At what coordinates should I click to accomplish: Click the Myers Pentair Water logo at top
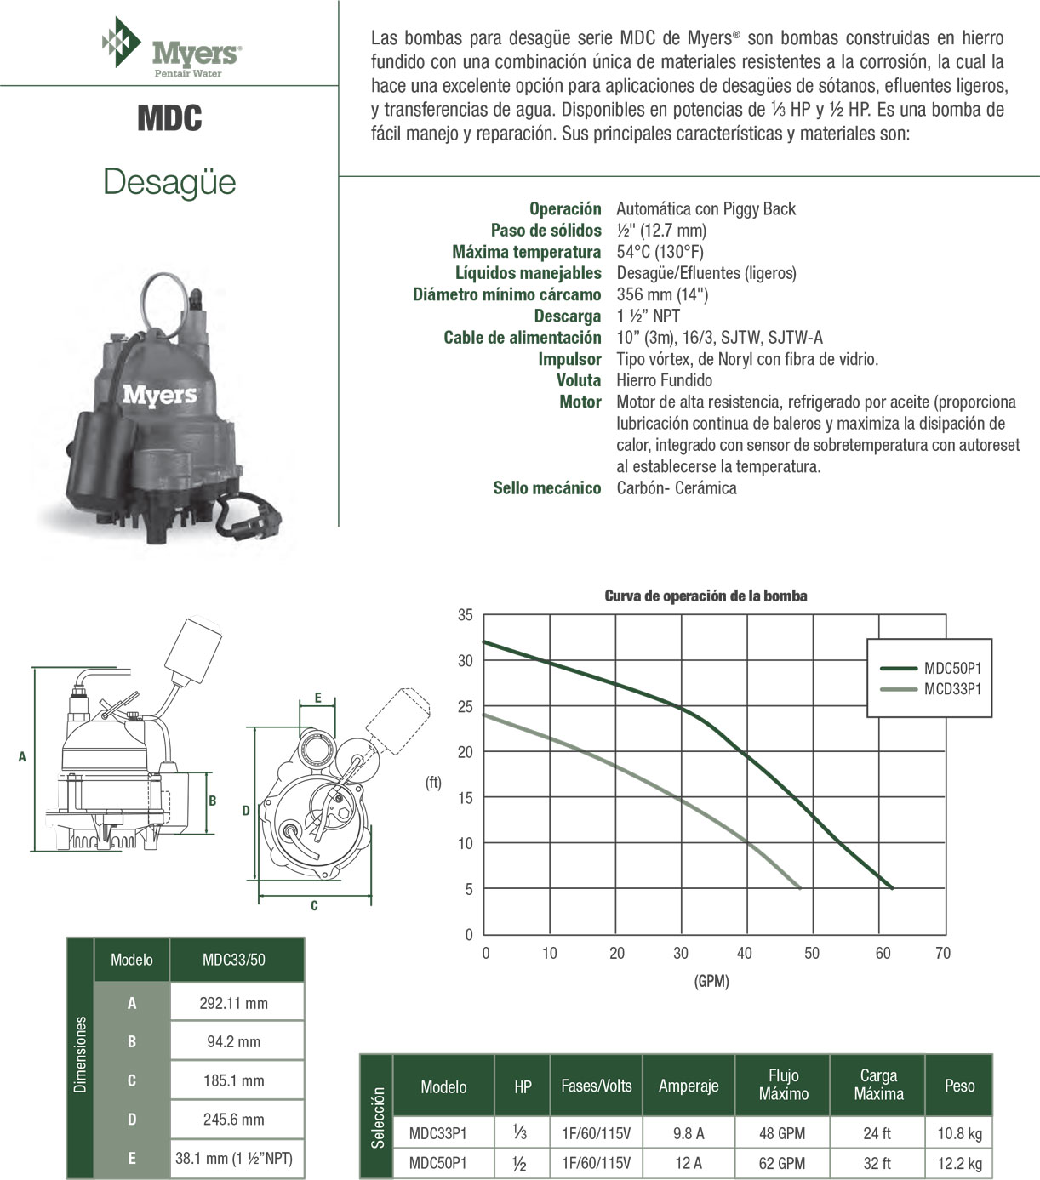point(171,50)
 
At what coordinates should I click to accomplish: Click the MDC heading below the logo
point(169,118)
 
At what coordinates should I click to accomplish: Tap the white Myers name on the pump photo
point(159,395)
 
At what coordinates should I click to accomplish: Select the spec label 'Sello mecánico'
point(546,488)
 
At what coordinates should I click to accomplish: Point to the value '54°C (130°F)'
point(660,252)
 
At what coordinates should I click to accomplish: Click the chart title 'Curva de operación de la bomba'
point(706,596)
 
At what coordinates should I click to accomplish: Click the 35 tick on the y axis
point(465,614)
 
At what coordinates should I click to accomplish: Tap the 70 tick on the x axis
point(943,953)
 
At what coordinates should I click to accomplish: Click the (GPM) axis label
point(711,981)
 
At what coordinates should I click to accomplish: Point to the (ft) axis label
point(433,783)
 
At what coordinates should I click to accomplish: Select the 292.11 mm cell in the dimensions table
point(233,1003)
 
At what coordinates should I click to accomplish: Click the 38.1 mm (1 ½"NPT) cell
point(233,1158)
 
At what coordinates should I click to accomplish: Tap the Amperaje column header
point(688,1086)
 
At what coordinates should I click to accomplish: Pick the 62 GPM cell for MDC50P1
point(783,1163)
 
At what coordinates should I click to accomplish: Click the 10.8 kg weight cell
point(959,1133)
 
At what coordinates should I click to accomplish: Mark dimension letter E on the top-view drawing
point(317,698)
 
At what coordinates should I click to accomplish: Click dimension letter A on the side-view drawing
point(22,756)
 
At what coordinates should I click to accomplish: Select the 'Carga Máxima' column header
point(878,1085)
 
